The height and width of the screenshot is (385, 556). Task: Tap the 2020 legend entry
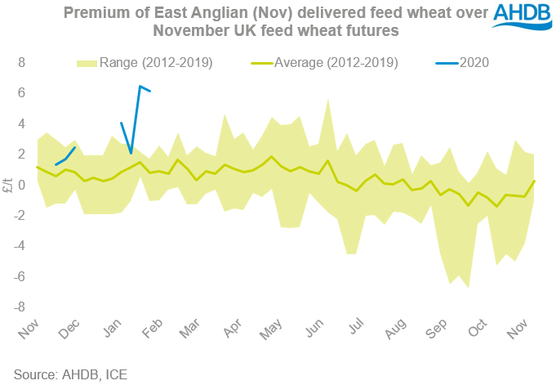click(478, 62)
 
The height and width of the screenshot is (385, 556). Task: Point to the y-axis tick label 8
click(23, 62)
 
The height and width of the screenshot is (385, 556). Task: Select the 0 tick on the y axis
click(23, 185)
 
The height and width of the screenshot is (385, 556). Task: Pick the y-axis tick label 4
click(23, 123)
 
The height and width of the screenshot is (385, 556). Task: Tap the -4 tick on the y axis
click(20, 246)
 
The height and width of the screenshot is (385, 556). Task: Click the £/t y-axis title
click(8, 186)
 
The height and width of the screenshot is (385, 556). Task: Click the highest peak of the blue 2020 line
click(140, 86)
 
